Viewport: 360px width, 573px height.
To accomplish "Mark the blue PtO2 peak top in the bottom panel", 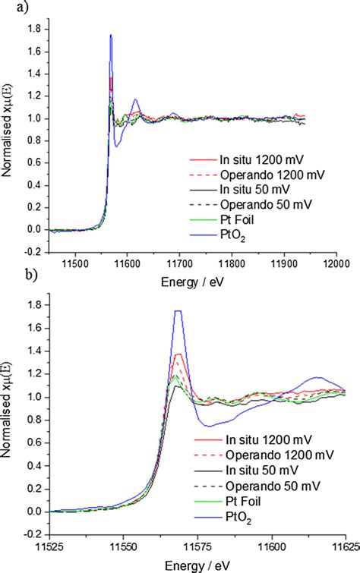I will click(178, 311).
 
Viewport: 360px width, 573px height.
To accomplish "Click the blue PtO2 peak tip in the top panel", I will click(111, 35).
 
